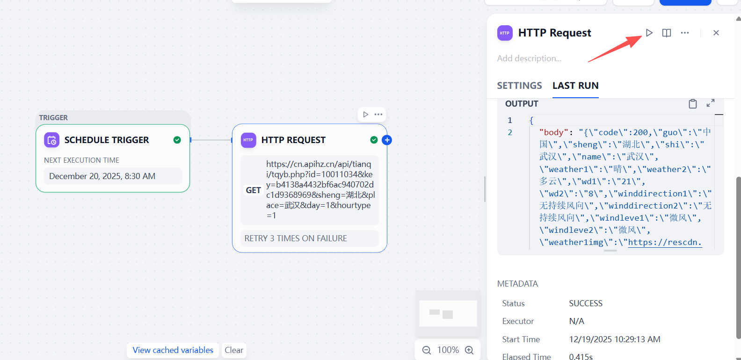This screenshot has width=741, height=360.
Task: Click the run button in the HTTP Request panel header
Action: click(649, 33)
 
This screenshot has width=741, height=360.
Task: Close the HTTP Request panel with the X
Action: click(716, 33)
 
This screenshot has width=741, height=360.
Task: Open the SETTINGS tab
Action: click(519, 86)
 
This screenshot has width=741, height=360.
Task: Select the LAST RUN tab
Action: click(575, 86)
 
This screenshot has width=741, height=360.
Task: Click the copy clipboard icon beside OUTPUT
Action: click(693, 104)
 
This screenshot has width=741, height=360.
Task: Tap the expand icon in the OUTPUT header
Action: click(711, 103)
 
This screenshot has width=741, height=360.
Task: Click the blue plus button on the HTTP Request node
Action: click(387, 140)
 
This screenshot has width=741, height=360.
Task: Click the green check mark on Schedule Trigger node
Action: click(177, 140)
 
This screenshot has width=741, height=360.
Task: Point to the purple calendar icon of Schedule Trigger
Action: click(51, 140)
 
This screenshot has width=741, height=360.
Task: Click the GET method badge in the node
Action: click(254, 190)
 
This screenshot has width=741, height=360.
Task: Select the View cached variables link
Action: click(173, 350)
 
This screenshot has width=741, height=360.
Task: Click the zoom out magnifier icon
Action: click(427, 350)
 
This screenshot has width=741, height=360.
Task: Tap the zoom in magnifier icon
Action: click(469, 350)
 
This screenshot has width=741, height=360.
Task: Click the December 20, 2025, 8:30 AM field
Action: click(113, 176)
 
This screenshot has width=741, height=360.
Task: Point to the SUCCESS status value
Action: click(586, 303)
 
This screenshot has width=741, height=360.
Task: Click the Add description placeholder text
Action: click(529, 58)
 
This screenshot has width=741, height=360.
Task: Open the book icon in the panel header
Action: click(667, 33)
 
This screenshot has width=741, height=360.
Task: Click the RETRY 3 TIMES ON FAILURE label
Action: click(296, 238)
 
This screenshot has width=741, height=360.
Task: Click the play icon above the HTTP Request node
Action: click(365, 115)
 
